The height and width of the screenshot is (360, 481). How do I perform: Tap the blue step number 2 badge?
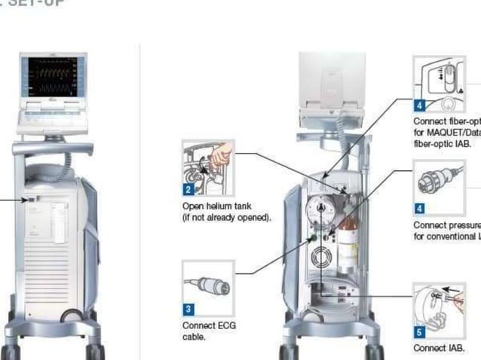[188, 191]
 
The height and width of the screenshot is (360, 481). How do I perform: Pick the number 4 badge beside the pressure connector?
[419, 209]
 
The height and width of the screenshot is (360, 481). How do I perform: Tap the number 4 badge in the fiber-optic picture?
[419, 105]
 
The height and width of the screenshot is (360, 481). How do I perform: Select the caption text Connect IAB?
[438, 349]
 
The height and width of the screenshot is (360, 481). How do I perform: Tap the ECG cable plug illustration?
[208, 286]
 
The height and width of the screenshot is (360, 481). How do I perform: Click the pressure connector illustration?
[437, 181]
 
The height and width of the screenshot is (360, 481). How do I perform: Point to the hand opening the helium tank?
[220, 157]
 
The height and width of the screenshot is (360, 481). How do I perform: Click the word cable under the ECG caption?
[194, 337]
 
